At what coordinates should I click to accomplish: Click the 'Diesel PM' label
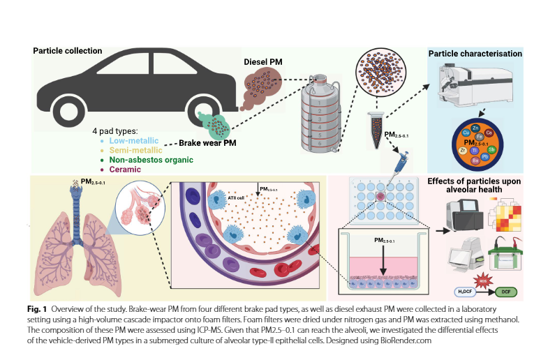[263, 61]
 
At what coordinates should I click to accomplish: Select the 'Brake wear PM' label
[209, 141]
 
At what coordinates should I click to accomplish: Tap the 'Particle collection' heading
[68, 51]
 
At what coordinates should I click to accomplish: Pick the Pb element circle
[483, 157]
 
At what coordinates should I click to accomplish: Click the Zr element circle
[462, 150]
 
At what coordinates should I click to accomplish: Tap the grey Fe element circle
[480, 137]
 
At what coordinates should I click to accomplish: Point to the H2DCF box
[460, 290]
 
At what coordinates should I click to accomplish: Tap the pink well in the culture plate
[380, 198]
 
